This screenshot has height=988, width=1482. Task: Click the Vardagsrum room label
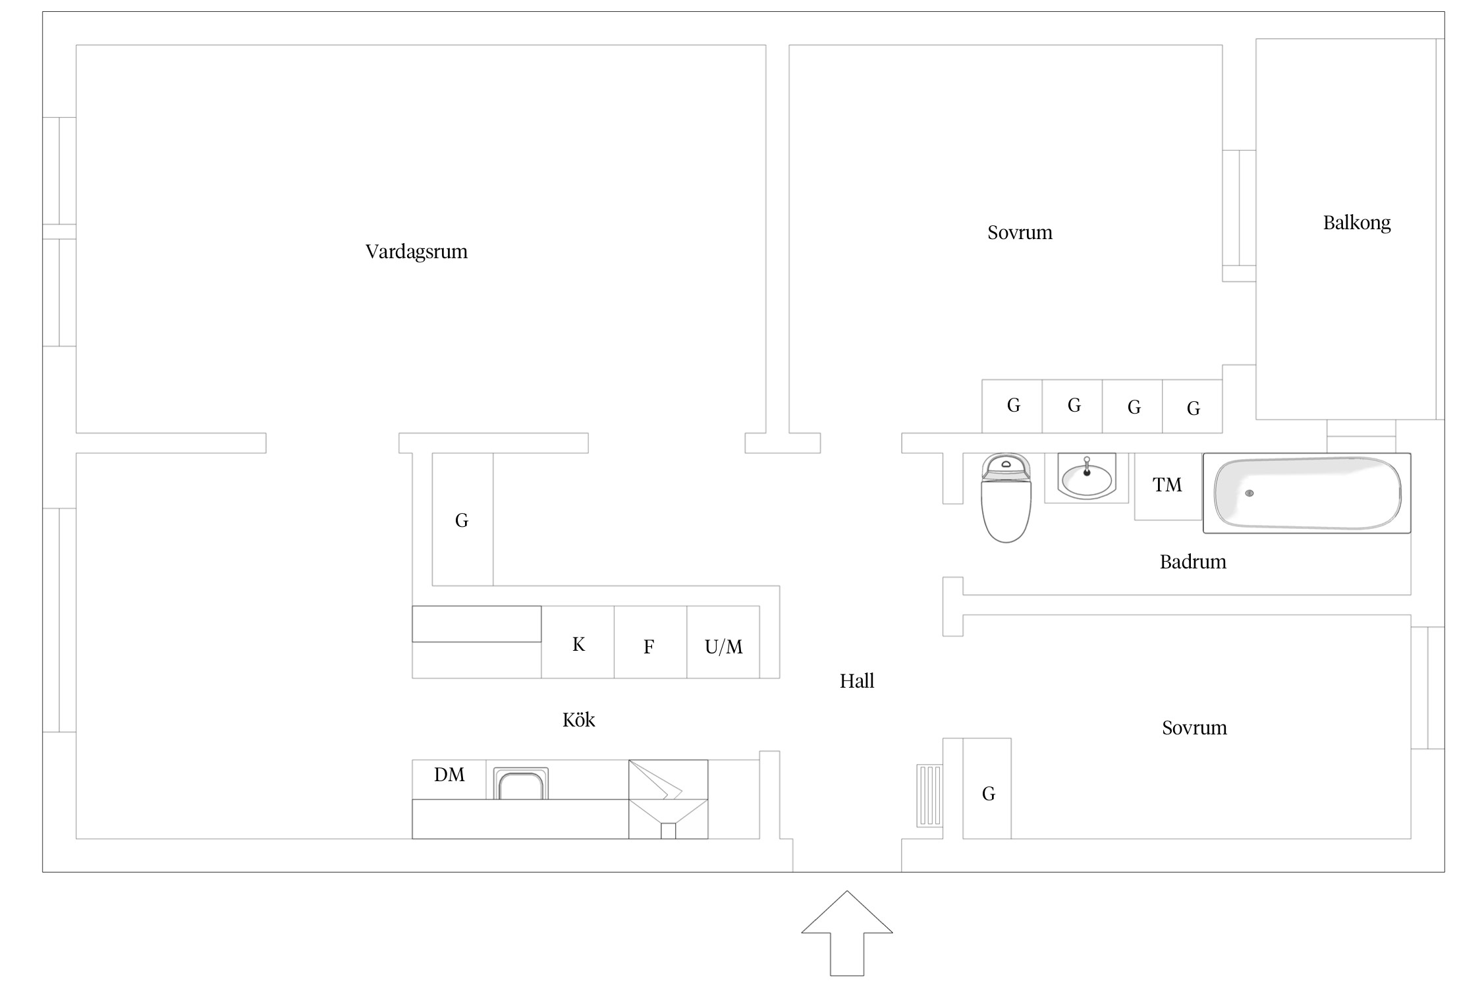416,252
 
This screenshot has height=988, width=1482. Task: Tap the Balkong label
1357,223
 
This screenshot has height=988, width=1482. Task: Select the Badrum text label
1193,562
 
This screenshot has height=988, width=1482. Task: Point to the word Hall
857,680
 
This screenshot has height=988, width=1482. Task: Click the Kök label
578,719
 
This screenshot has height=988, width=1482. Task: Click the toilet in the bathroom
1006,498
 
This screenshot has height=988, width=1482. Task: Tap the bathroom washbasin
1087,476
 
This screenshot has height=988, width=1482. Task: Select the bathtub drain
1249,493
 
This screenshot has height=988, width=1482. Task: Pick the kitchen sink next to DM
520,783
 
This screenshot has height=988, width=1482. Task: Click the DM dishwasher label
449,775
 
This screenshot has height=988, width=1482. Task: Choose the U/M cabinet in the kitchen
723,642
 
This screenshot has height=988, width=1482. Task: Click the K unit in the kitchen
578,642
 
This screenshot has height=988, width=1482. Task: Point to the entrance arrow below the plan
847,933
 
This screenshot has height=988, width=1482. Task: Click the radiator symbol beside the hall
929,796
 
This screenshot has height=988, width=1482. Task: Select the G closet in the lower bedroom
987,788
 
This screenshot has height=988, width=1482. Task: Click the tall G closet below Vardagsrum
462,520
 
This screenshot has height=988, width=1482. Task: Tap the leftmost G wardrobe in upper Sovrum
1012,406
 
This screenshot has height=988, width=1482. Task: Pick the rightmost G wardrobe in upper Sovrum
1192,406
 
